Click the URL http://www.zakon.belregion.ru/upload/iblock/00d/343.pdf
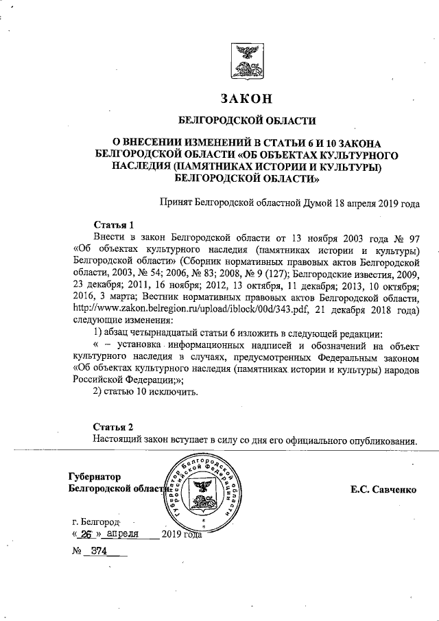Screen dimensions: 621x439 (x=183, y=309)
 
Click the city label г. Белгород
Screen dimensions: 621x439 (x=86, y=521)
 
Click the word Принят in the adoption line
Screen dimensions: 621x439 (x=176, y=203)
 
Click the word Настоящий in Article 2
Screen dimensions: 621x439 (x=119, y=439)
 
